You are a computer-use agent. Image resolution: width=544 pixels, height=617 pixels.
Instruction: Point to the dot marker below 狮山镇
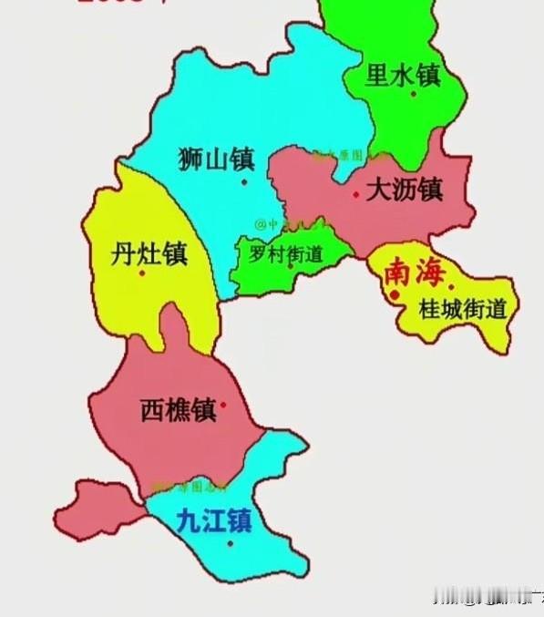coord(243,181)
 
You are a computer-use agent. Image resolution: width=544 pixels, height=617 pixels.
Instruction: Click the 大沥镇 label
coord(403,190)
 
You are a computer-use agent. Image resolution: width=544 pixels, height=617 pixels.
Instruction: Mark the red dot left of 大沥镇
coord(354,194)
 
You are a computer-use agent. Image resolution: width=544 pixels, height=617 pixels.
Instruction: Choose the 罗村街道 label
coord(286,255)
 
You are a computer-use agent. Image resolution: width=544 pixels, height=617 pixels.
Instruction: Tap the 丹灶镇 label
coord(149,252)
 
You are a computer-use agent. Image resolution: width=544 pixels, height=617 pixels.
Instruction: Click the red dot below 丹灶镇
coord(141,273)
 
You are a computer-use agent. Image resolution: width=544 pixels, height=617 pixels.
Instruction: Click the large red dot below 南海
coord(394,295)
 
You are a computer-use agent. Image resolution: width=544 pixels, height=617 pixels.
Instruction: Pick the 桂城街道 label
coord(461,309)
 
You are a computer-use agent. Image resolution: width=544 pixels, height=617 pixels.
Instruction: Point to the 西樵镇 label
coord(179,410)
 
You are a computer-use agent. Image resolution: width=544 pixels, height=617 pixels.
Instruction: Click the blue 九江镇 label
coord(212,521)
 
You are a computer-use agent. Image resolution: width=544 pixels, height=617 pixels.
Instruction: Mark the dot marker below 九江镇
coord(230,543)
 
